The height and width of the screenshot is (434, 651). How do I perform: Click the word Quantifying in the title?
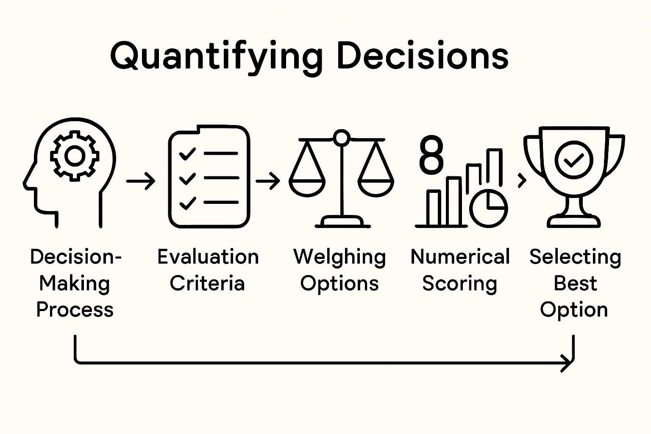pos(216,56)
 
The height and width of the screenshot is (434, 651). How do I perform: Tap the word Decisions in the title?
pos(422,56)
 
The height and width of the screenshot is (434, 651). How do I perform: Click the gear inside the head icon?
pos(75,156)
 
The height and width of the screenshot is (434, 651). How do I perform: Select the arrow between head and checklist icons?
pos(141,181)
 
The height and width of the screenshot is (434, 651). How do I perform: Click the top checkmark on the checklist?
pos(187,153)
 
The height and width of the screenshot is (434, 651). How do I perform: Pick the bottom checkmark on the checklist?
pos(187,203)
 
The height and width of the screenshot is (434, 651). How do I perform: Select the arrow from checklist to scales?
pos(267,181)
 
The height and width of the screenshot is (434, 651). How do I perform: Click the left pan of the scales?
pos(307,187)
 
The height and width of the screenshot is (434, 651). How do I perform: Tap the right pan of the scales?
pos(376,187)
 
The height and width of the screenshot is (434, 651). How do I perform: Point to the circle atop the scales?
pos(341,138)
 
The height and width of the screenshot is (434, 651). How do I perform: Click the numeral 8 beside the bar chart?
pos(431,155)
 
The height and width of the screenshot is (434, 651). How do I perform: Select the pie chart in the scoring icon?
pos(489,209)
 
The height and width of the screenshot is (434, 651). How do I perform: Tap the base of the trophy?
pos(573,220)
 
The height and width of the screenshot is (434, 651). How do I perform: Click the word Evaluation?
pos(208,257)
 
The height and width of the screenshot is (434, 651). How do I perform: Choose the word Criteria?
pos(207,283)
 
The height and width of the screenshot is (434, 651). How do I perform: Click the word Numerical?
pos(460,257)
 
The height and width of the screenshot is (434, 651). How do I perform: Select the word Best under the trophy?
pos(575,283)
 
